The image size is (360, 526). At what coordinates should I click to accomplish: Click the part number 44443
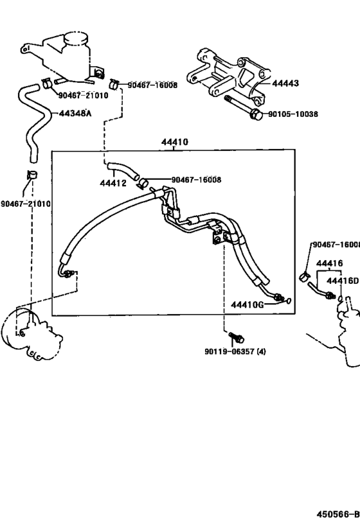coord(285,83)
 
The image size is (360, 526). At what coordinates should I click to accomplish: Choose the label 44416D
coord(342,280)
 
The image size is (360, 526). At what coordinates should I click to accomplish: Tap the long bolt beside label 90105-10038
coord(241,109)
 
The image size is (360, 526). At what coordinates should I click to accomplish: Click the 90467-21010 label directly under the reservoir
coord(84,96)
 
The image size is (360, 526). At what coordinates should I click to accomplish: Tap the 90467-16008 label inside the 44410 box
coord(196,180)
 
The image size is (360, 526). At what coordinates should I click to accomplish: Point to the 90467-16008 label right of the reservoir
coord(152,84)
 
